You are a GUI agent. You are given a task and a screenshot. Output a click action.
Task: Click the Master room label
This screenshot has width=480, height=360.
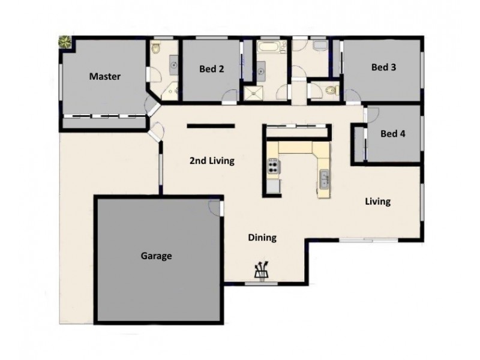pos(105,77)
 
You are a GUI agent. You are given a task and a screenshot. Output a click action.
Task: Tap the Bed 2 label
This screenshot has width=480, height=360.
pos(211,69)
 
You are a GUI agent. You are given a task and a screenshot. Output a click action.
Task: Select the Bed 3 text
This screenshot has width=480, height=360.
pos(383,67)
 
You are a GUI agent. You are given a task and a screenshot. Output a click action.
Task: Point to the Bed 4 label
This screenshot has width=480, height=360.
pos(393,134)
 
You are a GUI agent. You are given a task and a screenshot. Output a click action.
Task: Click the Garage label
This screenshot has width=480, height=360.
pos(157,256)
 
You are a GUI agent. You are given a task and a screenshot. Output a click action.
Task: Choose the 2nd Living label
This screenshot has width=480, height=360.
pos(211,161)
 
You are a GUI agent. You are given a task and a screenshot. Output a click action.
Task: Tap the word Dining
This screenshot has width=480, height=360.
pos(262,238)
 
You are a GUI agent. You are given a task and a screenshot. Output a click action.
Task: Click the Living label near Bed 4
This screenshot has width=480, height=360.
pos(378,202)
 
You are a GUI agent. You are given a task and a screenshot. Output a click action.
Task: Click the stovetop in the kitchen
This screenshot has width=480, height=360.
pos(274,165)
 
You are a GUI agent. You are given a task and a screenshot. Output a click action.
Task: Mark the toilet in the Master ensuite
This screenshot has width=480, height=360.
pos(154,48)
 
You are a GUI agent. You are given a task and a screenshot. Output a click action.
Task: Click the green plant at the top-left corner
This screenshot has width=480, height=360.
pos(64,43)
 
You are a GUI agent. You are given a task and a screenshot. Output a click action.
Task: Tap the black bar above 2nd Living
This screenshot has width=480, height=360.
pos(210,126)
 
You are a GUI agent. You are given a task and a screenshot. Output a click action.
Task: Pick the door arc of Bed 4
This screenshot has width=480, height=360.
pos(371,115)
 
